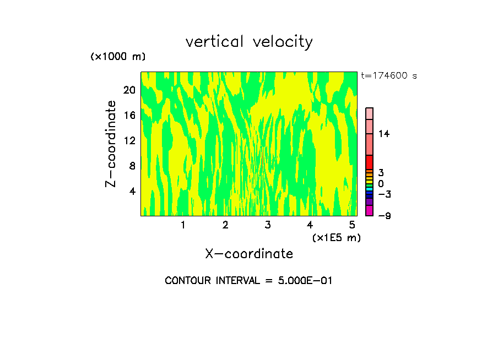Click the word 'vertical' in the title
click(215, 42)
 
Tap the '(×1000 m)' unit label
click(118, 57)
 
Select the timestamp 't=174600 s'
click(389, 76)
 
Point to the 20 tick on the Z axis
click(129, 90)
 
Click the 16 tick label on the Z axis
click(129, 116)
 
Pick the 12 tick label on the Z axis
click(129, 140)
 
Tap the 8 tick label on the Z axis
click(132, 166)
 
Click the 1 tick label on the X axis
click(183, 225)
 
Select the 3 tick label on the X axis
click(268, 225)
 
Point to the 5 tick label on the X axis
click(352, 225)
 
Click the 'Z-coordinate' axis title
click(111, 144)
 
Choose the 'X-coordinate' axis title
click(249, 254)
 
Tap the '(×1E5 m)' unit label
click(337, 237)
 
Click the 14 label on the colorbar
click(384, 134)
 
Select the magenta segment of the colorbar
click(369, 210)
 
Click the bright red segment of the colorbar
click(369, 162)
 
